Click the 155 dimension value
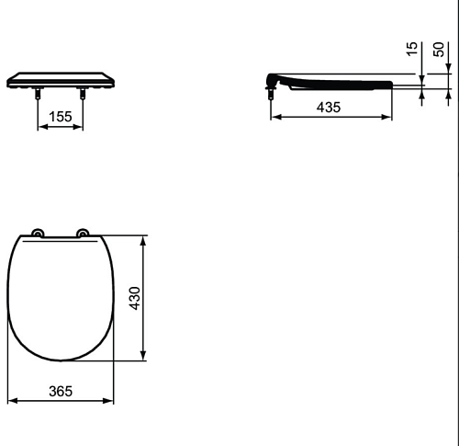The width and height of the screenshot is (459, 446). point(61,117)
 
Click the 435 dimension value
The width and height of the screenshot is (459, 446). point(329,108)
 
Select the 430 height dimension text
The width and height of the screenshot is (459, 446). point(135,298)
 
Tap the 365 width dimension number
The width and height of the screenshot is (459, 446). point(61,392)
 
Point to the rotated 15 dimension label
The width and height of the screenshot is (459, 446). point(412,49)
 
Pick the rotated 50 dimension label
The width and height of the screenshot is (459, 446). point(439,50)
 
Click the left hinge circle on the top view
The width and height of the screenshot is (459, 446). point(38,234)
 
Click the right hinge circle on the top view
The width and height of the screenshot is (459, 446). point(83,234)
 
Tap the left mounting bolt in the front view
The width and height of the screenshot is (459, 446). point(38,93)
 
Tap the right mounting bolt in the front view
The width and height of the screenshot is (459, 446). point(83,93)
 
